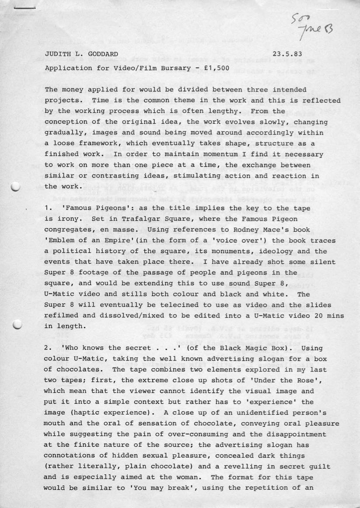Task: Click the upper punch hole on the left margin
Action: tap(16, 186)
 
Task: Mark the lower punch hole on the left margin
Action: tap(17, 324)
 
